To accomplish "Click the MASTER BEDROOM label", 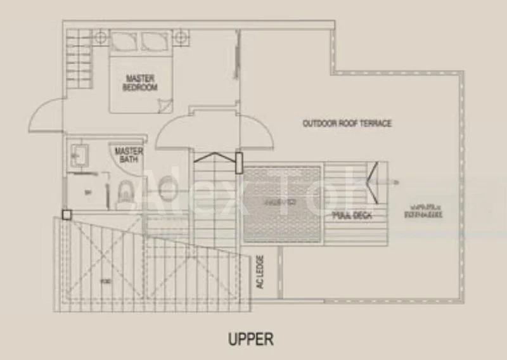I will (x=140, y=83).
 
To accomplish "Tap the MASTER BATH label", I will (x=128, y=155).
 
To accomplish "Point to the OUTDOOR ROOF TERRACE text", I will (x=347, y=123).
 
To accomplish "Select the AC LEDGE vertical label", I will (x=259, y=273).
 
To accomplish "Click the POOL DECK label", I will (x=352, y=216).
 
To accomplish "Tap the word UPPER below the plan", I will (x=251, y=339).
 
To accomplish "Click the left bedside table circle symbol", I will (x=101, y=37).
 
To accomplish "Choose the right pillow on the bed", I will (x=154, y=41).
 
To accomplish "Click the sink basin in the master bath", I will (x=80, y=154).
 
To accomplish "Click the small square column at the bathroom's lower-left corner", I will (x=67, y=215).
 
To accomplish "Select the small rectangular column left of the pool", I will (x=240, y=163).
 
